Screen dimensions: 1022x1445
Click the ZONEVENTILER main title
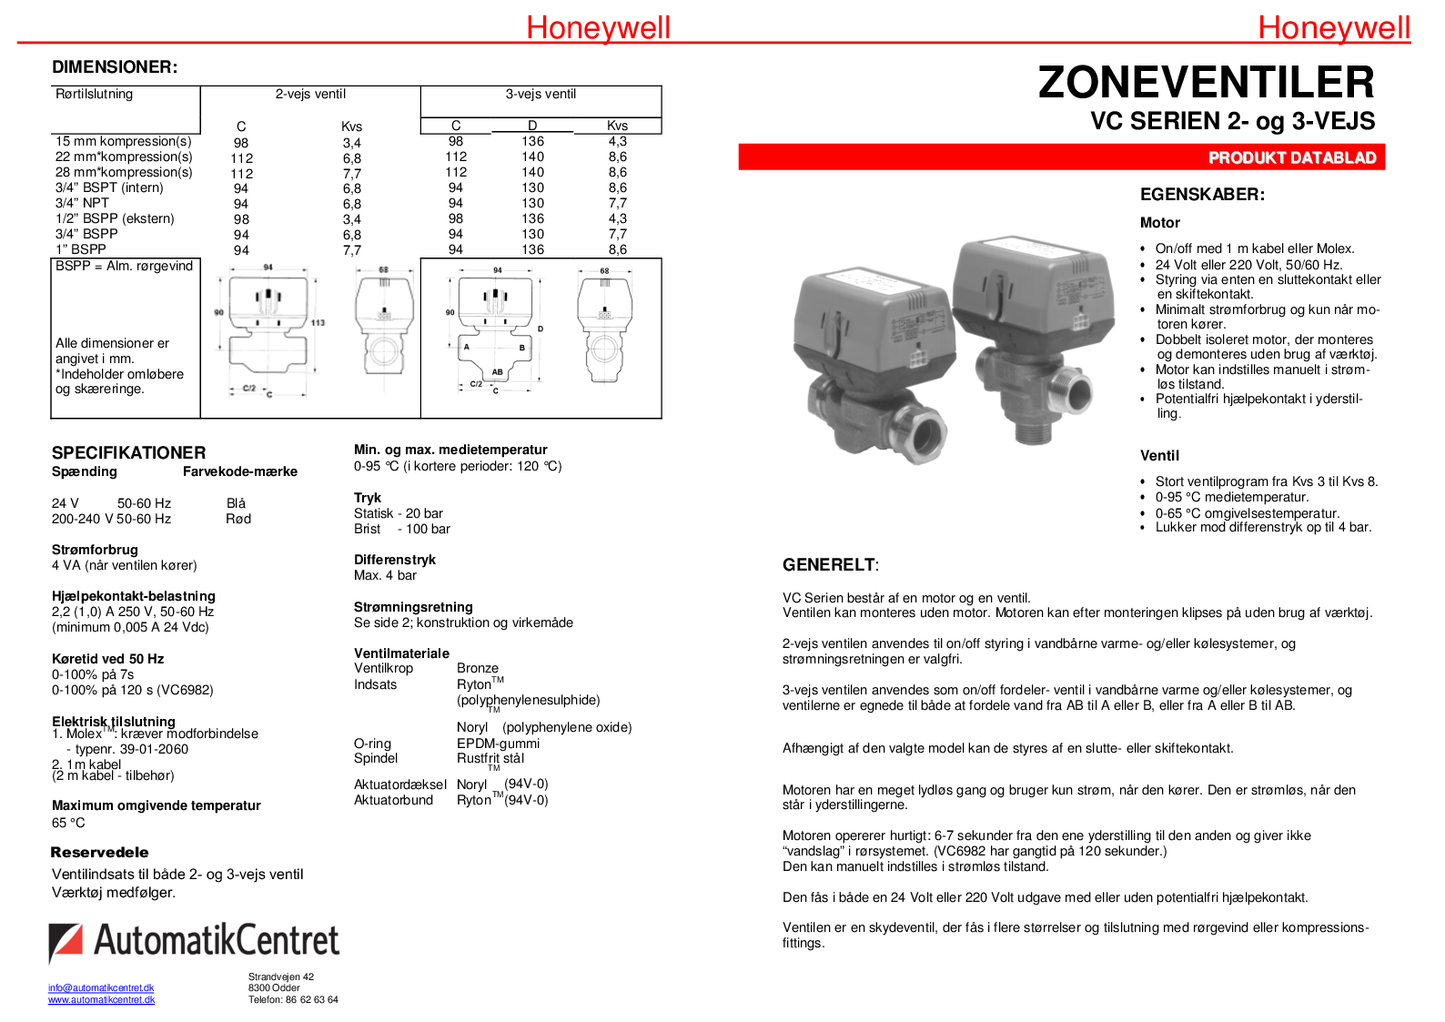coord(1206,83)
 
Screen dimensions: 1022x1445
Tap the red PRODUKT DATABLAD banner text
coord(1291,157)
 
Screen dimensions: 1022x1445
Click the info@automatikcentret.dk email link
coord(101,987)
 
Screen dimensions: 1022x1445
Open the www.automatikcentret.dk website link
coord(101,999)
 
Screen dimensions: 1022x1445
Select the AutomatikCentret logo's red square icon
coord(65,941)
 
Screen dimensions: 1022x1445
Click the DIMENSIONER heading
coord(115,66)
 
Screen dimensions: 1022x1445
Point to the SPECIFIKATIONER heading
coord(128,452)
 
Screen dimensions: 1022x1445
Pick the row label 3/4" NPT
coord(82,203)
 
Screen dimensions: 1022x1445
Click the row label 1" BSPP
coord(81,249)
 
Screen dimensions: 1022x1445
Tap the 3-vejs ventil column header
coord(541,94)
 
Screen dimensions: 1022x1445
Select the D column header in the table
coord(532,126)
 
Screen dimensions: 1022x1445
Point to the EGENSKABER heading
coord(1202,194)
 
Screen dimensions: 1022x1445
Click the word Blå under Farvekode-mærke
coord(236,503)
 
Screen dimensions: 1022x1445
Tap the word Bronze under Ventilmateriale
coord(478,668)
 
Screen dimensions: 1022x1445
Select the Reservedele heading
coord(99,852)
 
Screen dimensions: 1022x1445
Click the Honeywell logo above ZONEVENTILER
coord(1333,27)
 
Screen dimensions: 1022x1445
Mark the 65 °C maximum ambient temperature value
coord(68,823)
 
